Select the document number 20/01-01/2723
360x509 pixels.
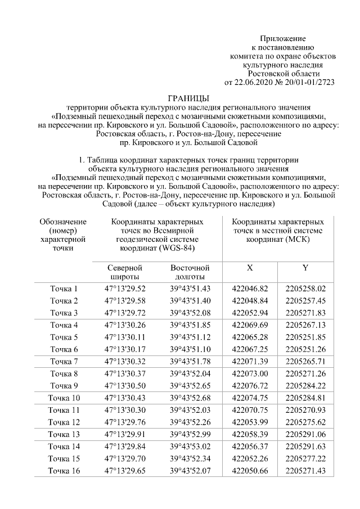[x=310, y=82]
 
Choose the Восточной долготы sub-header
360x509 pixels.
[x=190, y=272]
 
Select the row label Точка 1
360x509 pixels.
[x=64, y=289]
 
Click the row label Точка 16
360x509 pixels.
[x=64, y=471]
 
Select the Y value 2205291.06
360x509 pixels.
[x=305, y=434]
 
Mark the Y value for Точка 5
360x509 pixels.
[x=305, y=337]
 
